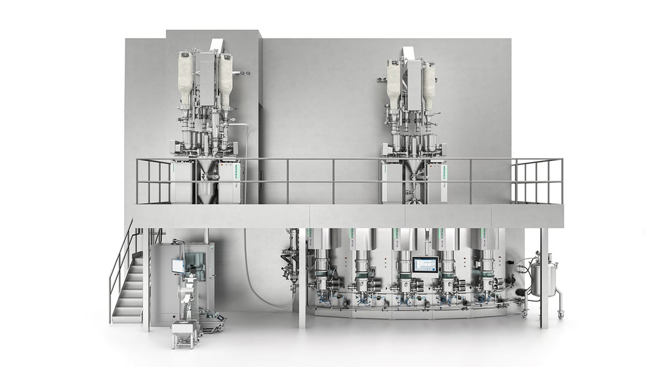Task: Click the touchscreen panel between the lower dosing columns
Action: (x=425, y=264)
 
